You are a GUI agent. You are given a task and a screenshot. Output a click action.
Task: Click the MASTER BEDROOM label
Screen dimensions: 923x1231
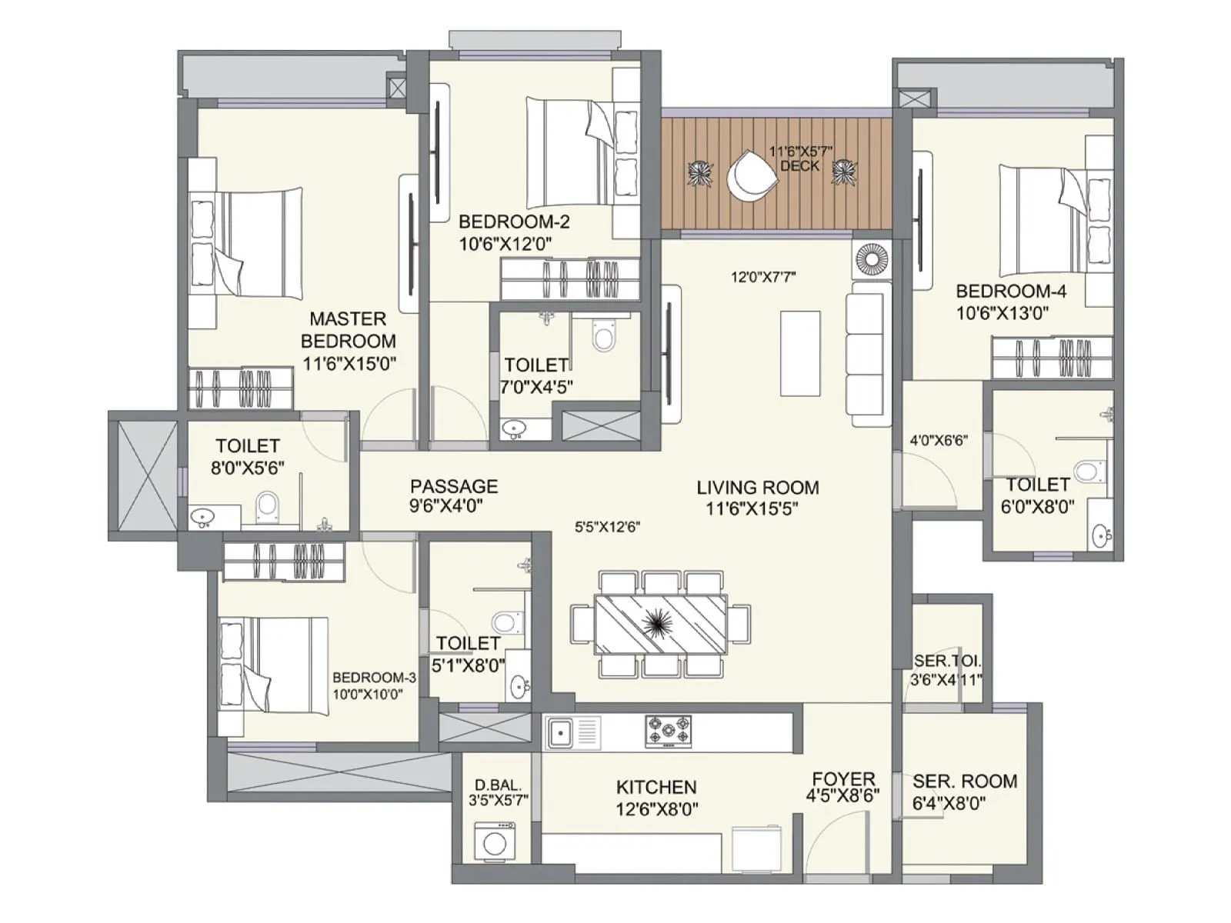click(x=349, y=329)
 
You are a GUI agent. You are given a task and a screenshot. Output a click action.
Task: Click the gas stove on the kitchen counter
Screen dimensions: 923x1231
click(x=668, y=731)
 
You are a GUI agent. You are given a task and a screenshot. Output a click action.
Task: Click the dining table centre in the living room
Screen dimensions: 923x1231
click(x=659, y=624)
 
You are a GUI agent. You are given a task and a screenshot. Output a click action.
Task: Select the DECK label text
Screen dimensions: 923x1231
click(x=799, y=166)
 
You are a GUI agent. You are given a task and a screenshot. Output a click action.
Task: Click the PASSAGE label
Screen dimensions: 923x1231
click(x=454, y=486)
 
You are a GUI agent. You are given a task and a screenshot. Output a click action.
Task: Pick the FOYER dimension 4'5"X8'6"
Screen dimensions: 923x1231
click(x=842, y=797)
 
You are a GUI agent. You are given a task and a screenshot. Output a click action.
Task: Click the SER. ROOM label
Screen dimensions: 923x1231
click(x=965, y=781)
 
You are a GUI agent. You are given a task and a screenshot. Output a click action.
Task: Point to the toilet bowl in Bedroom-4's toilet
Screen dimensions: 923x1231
click(x=1089, y=471)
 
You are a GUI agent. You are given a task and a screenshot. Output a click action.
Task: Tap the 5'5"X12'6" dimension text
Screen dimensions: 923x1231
click(x=608, y=528)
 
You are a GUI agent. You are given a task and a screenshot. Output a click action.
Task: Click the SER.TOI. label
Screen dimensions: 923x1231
click(x=947, y=661)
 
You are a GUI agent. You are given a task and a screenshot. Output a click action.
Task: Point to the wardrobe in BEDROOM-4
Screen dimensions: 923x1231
click(x=1052, y=358)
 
